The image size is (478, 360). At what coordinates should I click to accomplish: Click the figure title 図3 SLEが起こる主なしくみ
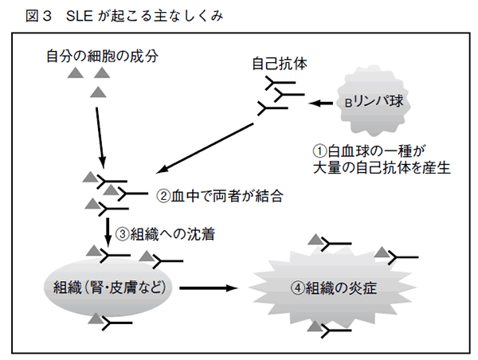112,14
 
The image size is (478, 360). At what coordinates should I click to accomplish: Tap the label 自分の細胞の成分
102,56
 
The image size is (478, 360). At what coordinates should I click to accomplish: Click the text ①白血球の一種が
371,150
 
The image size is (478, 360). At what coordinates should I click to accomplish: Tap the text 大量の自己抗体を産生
382,167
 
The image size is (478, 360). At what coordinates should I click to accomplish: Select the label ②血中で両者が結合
221,194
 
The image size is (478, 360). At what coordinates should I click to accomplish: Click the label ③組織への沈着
164,234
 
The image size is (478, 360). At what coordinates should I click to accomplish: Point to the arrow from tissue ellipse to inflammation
210,287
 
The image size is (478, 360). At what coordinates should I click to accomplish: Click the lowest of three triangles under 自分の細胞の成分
99,92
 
